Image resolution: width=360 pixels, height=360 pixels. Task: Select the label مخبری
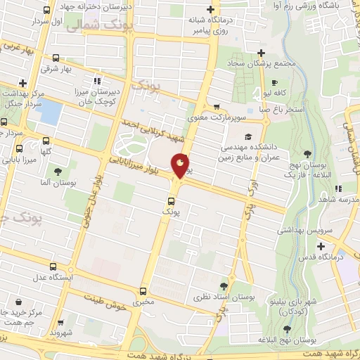(144, 302)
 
